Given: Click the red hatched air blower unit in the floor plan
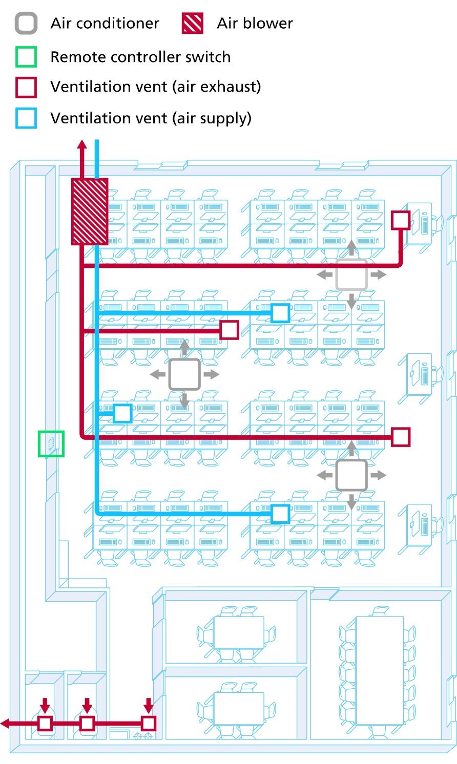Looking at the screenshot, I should coord(90,211).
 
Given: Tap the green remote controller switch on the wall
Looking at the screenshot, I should coord(51,443).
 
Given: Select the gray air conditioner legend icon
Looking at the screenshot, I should coord(26,24).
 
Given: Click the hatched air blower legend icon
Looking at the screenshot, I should coord(193,24).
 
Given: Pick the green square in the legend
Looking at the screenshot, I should coord(26,57).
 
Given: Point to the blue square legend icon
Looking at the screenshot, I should coord(26,118).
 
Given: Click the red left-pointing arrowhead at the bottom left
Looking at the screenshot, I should coord(5,724).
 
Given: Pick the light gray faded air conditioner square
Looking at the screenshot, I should coord(351,275).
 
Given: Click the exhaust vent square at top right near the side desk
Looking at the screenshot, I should coord(401,220).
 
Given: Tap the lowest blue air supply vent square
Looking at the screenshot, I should coord(280,514).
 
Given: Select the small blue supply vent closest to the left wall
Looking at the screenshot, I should coord(122,413).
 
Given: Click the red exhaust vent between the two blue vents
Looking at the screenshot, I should coord(229,330).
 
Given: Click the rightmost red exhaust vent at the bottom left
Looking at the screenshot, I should coord(148,723).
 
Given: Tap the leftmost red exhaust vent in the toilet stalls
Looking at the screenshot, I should coord(45,724).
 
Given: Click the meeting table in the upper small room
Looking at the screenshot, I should coord(238,632).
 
